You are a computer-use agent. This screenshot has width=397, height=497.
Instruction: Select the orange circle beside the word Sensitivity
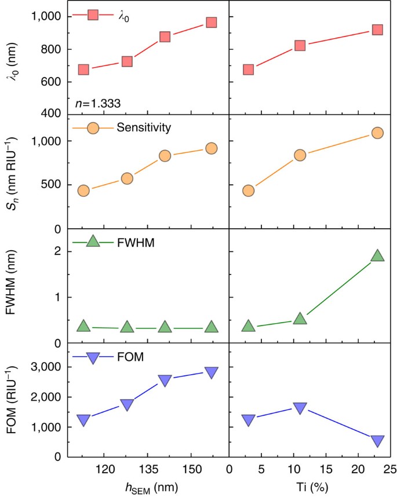tap(93, 127)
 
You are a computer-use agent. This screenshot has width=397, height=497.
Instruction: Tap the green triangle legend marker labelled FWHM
tap(93, 241)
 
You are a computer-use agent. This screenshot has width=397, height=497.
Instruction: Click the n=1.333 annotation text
tap(97, 104)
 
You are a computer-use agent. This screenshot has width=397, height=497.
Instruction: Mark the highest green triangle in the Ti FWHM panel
tap(377, 256)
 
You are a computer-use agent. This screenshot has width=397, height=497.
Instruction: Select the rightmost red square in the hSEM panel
tap(211, 23)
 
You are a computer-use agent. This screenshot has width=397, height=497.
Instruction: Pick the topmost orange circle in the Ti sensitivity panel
tap(377, 133)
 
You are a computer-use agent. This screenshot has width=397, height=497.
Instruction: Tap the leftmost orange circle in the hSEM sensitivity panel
tap(83, 191)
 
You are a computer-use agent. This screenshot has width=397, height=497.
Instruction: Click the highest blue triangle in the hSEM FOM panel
tap(211, 372)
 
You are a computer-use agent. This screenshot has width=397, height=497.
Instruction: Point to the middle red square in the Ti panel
tap(300, 45)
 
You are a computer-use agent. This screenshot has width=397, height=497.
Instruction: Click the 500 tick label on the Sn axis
tap(51, 185)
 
